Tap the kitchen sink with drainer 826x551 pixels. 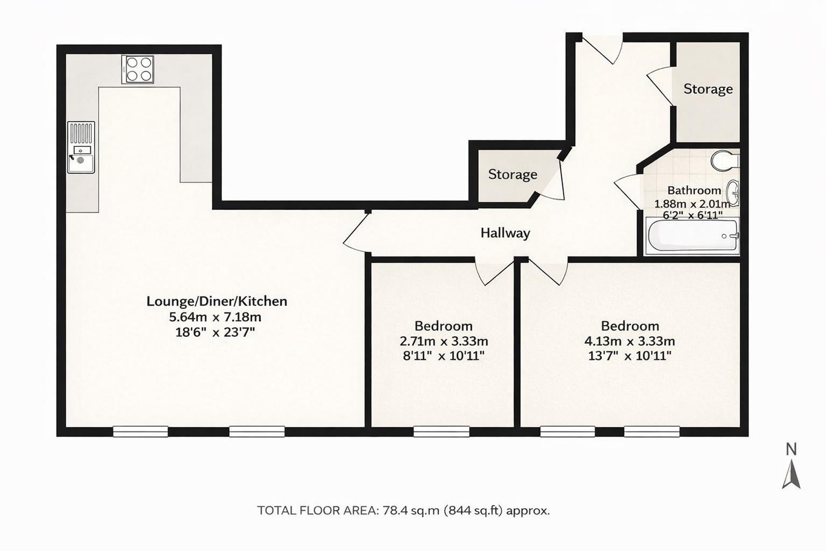coord(81,147)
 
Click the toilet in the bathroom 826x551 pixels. coord(724,160)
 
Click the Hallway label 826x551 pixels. coord(505,233)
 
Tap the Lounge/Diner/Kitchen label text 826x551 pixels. coord(217,301)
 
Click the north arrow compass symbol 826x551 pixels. coord(791,475)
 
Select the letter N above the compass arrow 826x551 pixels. coord(791,449)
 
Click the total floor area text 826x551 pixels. coord(403,510)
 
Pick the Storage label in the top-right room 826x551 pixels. coord(708,89)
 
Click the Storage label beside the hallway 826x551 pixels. coord(512,174)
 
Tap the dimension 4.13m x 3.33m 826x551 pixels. coord(629,341)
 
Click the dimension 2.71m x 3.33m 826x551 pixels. coord(444,341)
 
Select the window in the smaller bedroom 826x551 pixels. coord(442,431)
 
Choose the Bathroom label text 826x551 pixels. coord(694,190)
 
